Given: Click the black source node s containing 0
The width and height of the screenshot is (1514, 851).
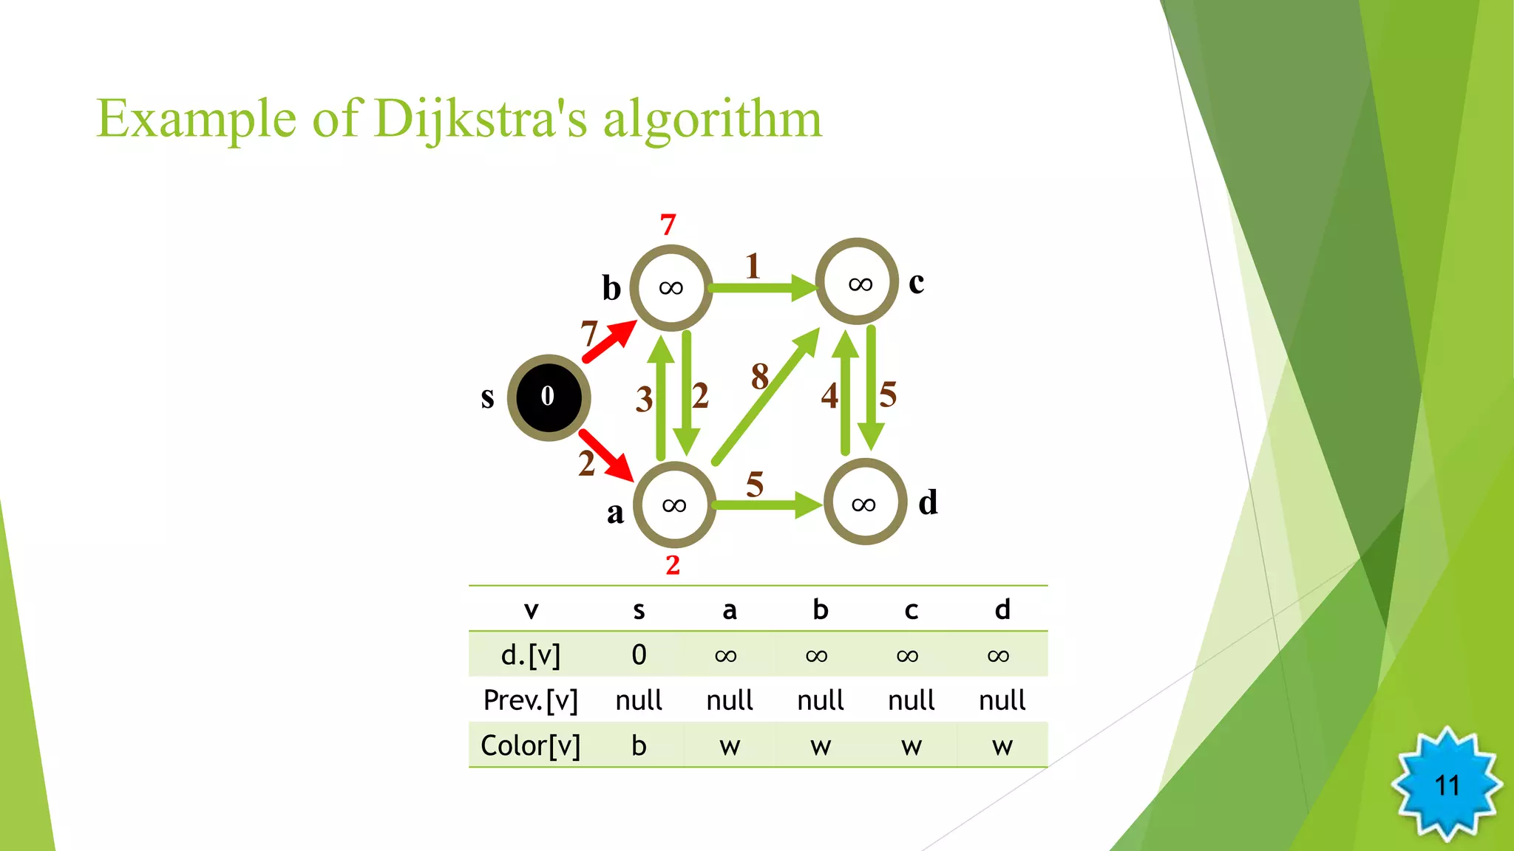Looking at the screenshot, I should point(549,397).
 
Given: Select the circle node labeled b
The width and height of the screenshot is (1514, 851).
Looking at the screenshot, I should point(671,287).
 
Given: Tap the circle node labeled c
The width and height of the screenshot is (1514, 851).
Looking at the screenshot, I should point(858,282).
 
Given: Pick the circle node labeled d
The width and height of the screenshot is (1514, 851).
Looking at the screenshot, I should point(865,503).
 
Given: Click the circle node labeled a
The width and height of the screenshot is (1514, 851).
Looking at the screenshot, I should point(674,505).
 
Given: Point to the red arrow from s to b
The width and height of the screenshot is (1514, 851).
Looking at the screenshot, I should point(608,342).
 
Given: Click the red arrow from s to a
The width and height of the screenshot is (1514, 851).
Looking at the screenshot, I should point(606,455).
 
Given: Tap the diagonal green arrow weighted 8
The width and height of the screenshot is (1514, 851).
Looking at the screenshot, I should point(766,397).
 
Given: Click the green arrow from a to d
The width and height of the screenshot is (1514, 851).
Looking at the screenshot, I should point(766,505).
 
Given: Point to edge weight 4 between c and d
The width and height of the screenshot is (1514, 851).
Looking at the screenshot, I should point(829,396).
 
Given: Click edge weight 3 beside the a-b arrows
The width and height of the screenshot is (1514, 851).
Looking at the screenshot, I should point(644,400).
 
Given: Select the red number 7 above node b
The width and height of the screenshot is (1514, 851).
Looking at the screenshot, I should point(668,225).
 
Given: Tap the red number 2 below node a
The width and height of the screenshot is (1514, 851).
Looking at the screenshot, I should point(672,565).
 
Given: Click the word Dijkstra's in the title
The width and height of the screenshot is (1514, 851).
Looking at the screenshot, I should point(481,120).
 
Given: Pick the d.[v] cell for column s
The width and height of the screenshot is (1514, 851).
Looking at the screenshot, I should point(639,655).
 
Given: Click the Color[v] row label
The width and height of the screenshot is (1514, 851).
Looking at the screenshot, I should point(530,745).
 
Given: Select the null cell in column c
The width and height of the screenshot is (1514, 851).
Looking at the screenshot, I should point(911,700).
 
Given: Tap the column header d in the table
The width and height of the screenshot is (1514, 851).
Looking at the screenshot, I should point(1002,610).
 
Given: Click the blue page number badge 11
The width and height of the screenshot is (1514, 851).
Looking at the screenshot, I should point(1447,785).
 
